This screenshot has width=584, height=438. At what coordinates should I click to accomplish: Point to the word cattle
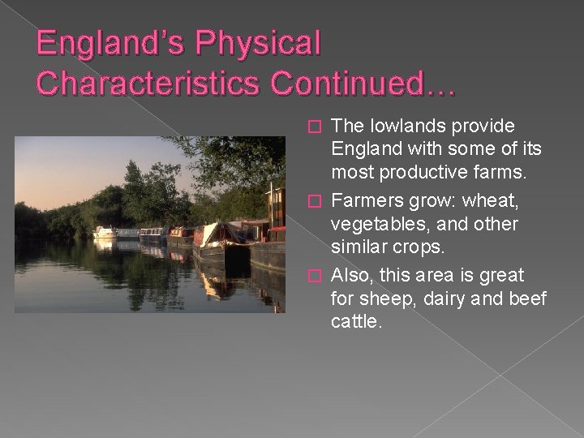[356, 321]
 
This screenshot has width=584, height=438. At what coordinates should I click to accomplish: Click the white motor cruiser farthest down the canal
[105, 232]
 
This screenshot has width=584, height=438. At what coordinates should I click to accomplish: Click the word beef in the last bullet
[527, 298]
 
